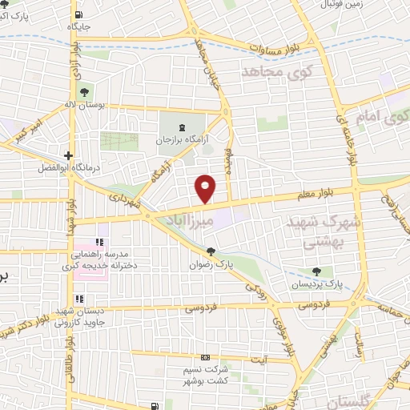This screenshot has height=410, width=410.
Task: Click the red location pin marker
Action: click(x=206, y=188)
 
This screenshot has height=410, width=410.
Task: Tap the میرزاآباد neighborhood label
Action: click(x=191, y=217)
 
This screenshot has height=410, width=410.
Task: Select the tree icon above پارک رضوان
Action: click(x=211, y=250)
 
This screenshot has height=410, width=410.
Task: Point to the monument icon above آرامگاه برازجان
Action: click(x=181, y=127)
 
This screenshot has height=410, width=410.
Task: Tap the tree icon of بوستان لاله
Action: click(x=85, y=89)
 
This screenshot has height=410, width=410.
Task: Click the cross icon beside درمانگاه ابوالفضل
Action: click(x=70, y=155)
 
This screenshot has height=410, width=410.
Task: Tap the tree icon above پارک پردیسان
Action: click(x=318, y=271)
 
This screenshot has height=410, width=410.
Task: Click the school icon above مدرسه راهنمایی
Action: click(x=100, y=242)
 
